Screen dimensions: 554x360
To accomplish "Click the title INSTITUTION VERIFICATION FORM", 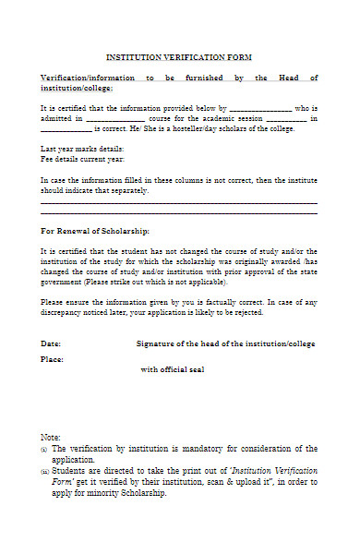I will [x=179, y=57].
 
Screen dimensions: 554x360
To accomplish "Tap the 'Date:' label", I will [x=52, y=343].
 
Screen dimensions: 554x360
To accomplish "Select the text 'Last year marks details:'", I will [x=82, y=149].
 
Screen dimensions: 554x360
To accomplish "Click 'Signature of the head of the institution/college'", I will [x=225, y=343].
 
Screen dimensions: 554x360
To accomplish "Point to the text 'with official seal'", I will [x=173, y=369].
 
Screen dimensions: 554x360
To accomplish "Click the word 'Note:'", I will [x=51, y=436].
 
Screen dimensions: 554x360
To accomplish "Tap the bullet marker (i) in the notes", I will [x=43, y=449].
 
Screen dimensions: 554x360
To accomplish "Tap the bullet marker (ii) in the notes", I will [x=44, y=471].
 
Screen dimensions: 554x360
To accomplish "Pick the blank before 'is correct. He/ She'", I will [x=66, y=130].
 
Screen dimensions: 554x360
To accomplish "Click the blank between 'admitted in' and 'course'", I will [x=115, y=119].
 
